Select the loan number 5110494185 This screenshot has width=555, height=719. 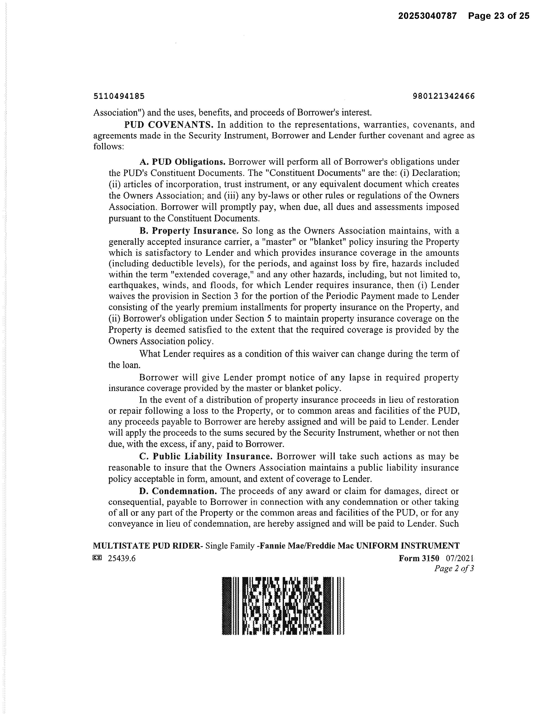click(x=119, y=96)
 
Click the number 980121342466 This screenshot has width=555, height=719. click(x=444, y=96)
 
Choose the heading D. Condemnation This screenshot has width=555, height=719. click(x=178, y=491)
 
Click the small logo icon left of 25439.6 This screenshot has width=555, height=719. click(x=97, y=558)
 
